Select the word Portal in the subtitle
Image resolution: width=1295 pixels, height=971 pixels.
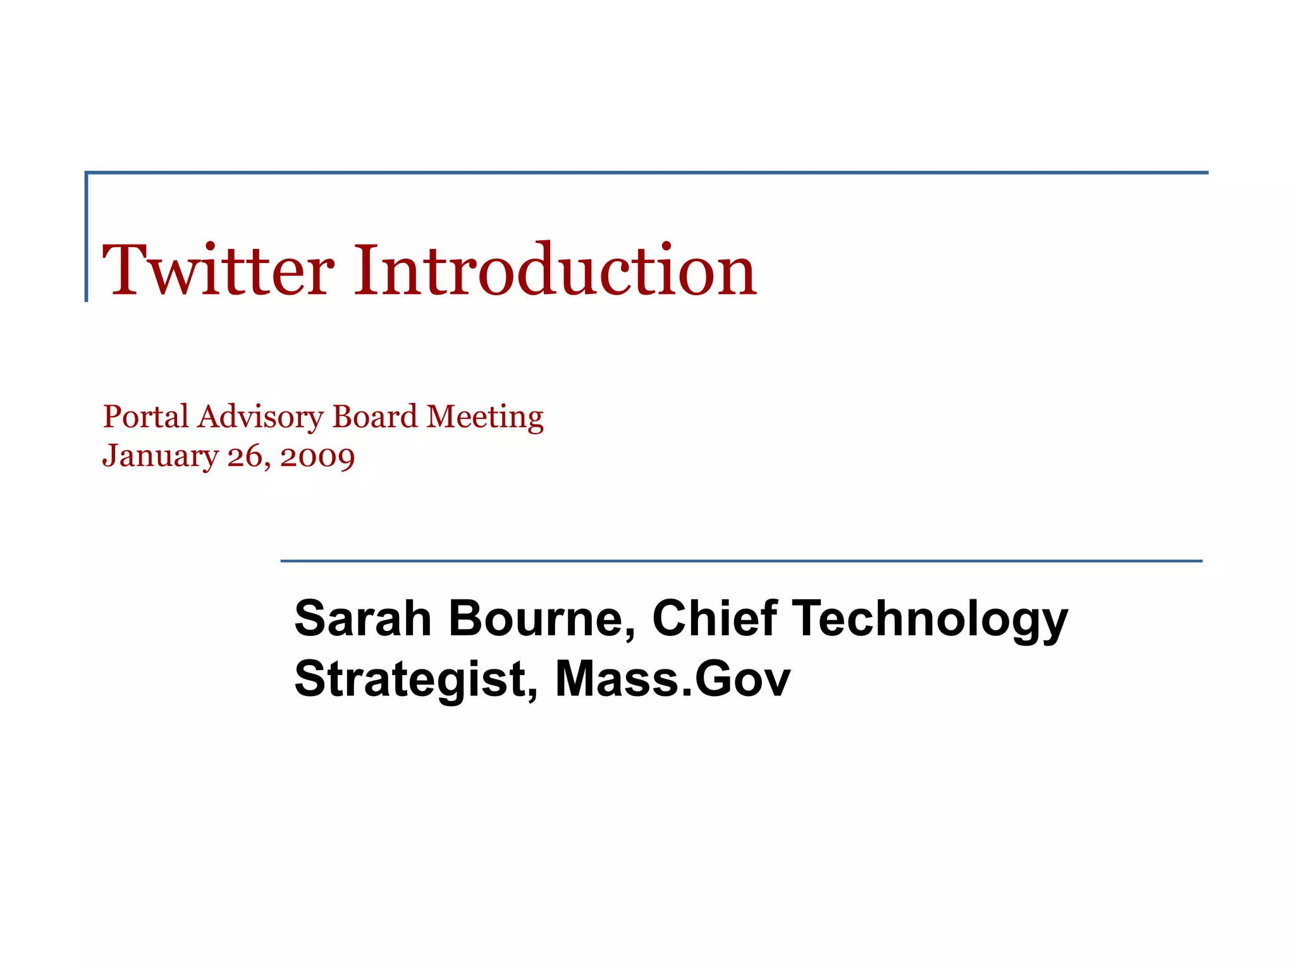(146, 417)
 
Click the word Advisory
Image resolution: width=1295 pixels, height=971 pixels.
(261, 417)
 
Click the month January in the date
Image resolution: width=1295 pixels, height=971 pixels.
(160, 456)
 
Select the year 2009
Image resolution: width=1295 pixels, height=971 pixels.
(317, 456)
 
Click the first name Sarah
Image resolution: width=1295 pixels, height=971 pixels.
(363, 618)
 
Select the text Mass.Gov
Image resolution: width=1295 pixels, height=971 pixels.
(672, 679)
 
